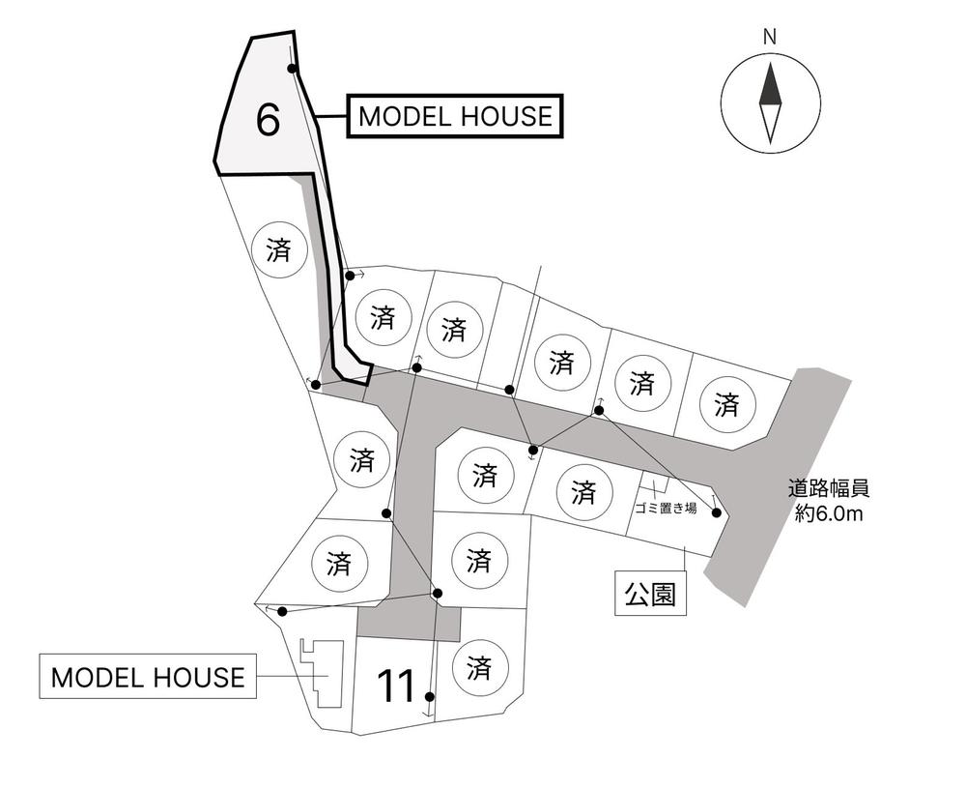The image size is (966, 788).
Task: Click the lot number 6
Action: pyautogui.click(x=268, y=120)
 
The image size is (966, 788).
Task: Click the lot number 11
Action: pyautogui.click(x=397, y=686)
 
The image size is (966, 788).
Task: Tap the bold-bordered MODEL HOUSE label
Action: pyautogui.click(x=455, y=116)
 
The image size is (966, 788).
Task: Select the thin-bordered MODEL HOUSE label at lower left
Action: pyautogui.click(x=148, y=677)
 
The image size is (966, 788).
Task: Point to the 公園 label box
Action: pyautogui.click(x=650, y=594)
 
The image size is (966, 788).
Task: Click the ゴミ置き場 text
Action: pyautogui.click(x=666, y=509)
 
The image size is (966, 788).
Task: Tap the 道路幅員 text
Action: pyautogui.click(x=829, y=489)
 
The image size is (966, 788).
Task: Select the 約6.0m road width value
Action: pyautogui.click(x=829, y=513)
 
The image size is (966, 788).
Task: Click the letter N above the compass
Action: pyautogui.click(x=770, y=38)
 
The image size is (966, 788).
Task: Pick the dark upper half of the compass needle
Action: pyautogui.click(x=770, y=85)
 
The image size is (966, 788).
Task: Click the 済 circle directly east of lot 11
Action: pyautogui.click(x=480, y=668)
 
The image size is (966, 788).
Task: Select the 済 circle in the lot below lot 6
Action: pyautogui.click(x=280, y=249)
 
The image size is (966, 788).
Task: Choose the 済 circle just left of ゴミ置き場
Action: pyautogui.click(x=584, y=491)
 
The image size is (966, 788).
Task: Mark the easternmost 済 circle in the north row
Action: pyautogui.click(x=727, y=403)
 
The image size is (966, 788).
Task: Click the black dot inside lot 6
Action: pyautogui.click(x=293, y=69)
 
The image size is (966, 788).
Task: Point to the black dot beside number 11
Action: pyautogui.click(x=430, y=697)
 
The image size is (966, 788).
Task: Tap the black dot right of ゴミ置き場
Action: pyautogui.click(x=716, y=512)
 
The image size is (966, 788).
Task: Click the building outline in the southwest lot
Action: pyautogui.click(x=322, y=674)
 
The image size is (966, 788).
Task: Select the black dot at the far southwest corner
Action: pyautogui.click(x=282, y=611)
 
